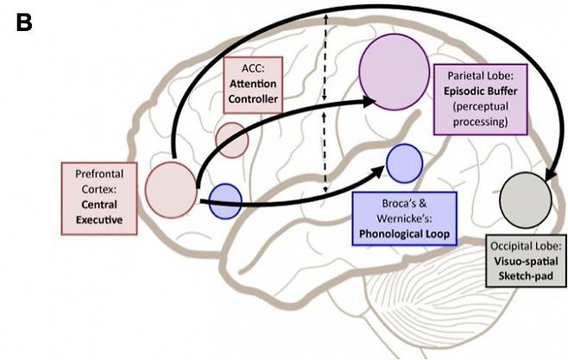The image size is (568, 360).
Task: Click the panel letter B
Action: click(x=23, y=23)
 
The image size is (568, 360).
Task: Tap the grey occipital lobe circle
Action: click(x=526, y=197)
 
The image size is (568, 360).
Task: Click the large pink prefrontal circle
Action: click(x=171, y=186)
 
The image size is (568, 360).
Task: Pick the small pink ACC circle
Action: click(x=232, y=139)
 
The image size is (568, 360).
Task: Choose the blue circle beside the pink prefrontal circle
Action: click(x=226, y=201)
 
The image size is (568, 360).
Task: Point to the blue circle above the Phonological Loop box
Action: click(x=404, y=163)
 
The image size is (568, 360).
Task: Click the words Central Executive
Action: click(x=98, y=212)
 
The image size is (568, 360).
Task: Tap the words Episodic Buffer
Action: click(x=472, y=89)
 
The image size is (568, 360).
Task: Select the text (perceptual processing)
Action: click(x=472, y=117)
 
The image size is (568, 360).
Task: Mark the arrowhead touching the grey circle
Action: click(x=546, y=178)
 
